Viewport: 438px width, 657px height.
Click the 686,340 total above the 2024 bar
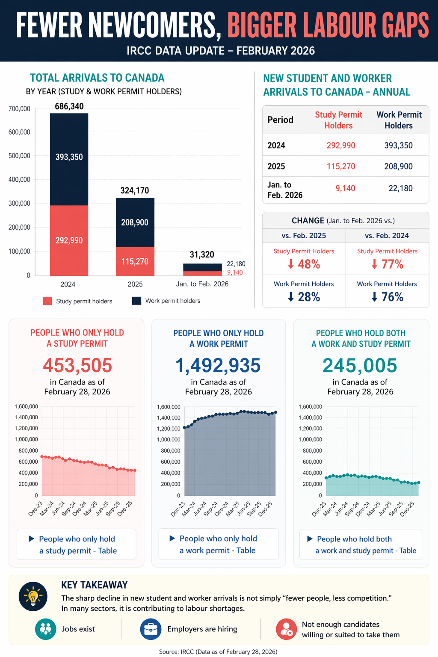click(x=69, y=106)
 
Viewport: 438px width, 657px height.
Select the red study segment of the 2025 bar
click(x=135, y=261)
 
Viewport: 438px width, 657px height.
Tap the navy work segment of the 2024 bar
click(x=69, y=159)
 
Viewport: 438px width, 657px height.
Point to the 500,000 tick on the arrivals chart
click(x=19, y=156)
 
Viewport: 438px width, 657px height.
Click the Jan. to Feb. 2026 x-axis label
click(x=202, y=284)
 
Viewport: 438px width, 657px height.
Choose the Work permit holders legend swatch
click(x=136, y=301)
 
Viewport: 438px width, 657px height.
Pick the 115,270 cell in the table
click(x=341, y=166)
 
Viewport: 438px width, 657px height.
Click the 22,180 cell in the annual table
click(x=400, y=188)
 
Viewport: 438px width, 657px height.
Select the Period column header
click(x=280, y=120)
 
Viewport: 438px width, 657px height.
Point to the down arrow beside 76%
click(x=374, y=297)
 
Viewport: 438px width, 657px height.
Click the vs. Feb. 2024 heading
click(x=387, y=236)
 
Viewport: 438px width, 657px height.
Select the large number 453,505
click(x=77, y=365)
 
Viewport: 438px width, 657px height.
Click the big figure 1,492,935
click(x=218, y=365)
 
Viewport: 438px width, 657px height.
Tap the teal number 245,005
click(x=360, y=365)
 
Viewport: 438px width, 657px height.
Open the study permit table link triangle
click(x=31, y=539)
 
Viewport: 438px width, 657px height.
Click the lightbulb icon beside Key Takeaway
click(x=33, y=596)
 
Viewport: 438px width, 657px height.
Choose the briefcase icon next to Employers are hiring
click(x=151, y=629)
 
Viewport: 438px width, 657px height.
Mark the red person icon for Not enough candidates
click(x=286, y=629)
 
